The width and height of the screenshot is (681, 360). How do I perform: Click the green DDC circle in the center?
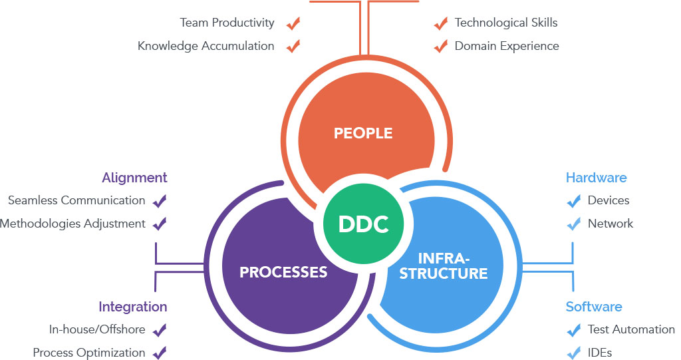point(363,224)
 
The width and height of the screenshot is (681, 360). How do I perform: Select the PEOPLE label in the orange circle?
point(363,133)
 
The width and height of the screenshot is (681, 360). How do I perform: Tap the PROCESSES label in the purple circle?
point(283,272)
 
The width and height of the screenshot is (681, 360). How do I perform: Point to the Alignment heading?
point(134,178)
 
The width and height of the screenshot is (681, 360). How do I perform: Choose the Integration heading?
point(133,307)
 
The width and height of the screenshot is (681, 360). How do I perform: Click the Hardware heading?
point(596,178)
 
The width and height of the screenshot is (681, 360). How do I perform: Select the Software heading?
point(594,307)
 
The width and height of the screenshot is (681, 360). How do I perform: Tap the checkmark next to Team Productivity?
point(293,24)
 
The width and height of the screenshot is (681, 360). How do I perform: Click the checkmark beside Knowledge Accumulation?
point(293,47)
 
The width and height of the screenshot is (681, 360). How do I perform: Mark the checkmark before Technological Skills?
point(440,24)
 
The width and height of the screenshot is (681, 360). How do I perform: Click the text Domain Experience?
point(507,46)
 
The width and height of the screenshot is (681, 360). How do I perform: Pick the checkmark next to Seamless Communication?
point(160,201)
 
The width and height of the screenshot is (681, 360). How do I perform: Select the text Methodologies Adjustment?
point(72,224)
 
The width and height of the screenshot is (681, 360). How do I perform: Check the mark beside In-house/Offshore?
point(160,330)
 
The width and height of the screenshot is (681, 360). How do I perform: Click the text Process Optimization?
point(89,353)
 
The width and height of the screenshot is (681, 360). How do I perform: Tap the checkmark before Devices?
point(573,201)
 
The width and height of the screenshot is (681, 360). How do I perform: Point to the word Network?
point(611,224)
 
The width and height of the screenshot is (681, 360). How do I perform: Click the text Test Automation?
point(631,329)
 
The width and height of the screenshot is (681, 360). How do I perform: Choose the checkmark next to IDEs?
point(573,353)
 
